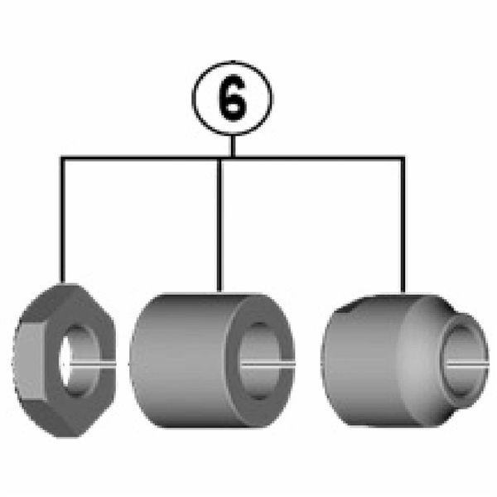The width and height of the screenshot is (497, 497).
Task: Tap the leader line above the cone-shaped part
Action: click(x=403, y=224)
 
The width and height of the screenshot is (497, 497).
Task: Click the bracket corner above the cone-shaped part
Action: click(x=403, y=157)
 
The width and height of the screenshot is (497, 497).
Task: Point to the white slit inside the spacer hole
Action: click(x=273, y=362)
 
